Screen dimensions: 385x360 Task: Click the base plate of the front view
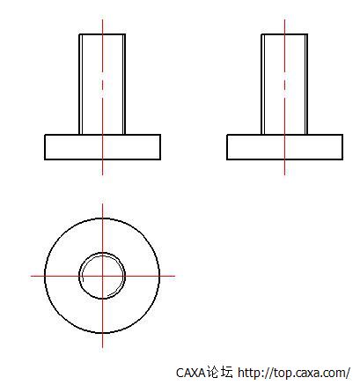click(x=75, y=147)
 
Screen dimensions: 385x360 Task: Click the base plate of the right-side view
click(x=255, y=147)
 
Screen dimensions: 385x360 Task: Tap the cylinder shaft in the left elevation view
click(x=92, y=84)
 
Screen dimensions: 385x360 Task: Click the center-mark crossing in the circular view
click(x=102, y=276)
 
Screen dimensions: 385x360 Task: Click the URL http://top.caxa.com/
click(x=294, y=373)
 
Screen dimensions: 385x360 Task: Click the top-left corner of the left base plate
click(x=45, y=135)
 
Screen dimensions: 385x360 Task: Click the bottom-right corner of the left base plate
click(x=160, y=159)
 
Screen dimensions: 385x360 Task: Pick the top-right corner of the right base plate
click(x=342, y=135)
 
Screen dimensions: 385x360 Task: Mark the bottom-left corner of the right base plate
click(x=227, y=159)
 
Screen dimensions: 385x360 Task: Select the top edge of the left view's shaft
click(x=92, y=34)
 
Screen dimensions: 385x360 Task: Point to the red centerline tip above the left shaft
click(x=102, y=20)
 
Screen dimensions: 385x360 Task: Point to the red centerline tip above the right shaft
click(x=284, y=20)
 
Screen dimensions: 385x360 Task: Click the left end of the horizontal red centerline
click(x=33, y=276)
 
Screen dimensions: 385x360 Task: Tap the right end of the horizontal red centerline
click(x=174, y=276)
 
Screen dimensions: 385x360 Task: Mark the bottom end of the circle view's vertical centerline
click(x=102, y=345)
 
